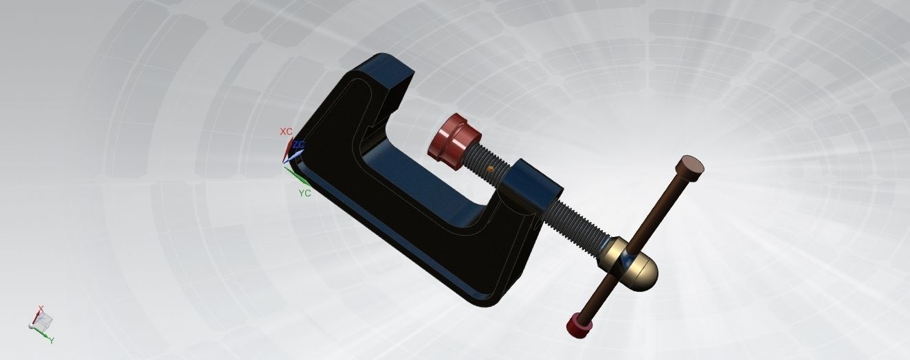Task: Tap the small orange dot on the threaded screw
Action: [490, 168]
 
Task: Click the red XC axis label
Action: [286, 131]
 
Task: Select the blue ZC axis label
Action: [298, 145]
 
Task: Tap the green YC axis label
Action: [304, 193]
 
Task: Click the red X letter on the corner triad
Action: [41, 309]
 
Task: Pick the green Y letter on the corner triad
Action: [52, 340]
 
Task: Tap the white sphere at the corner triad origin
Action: [32, 327]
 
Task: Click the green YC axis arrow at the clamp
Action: [294, 176]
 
